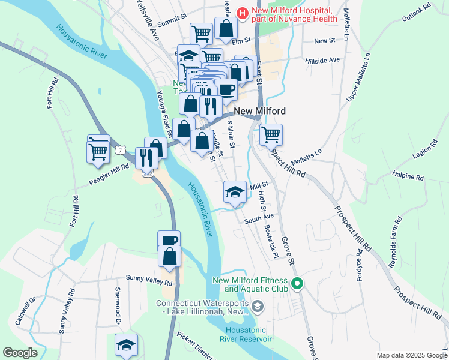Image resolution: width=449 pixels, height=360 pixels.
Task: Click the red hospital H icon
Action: coord(242,13)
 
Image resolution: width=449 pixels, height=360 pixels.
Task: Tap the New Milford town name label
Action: coord(259,111)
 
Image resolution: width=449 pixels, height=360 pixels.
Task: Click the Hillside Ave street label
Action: coord(322,60)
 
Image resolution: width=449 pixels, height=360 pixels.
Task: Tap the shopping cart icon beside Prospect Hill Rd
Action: coord(271,134)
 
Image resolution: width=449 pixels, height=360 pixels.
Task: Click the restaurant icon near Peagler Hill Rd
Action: coord(146,158)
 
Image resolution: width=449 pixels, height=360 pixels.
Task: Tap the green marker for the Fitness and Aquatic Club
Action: coord(296,284)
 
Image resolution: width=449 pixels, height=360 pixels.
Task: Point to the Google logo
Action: coord(20,353)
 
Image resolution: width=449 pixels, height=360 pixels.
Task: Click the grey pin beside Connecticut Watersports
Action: coord(258,307)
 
